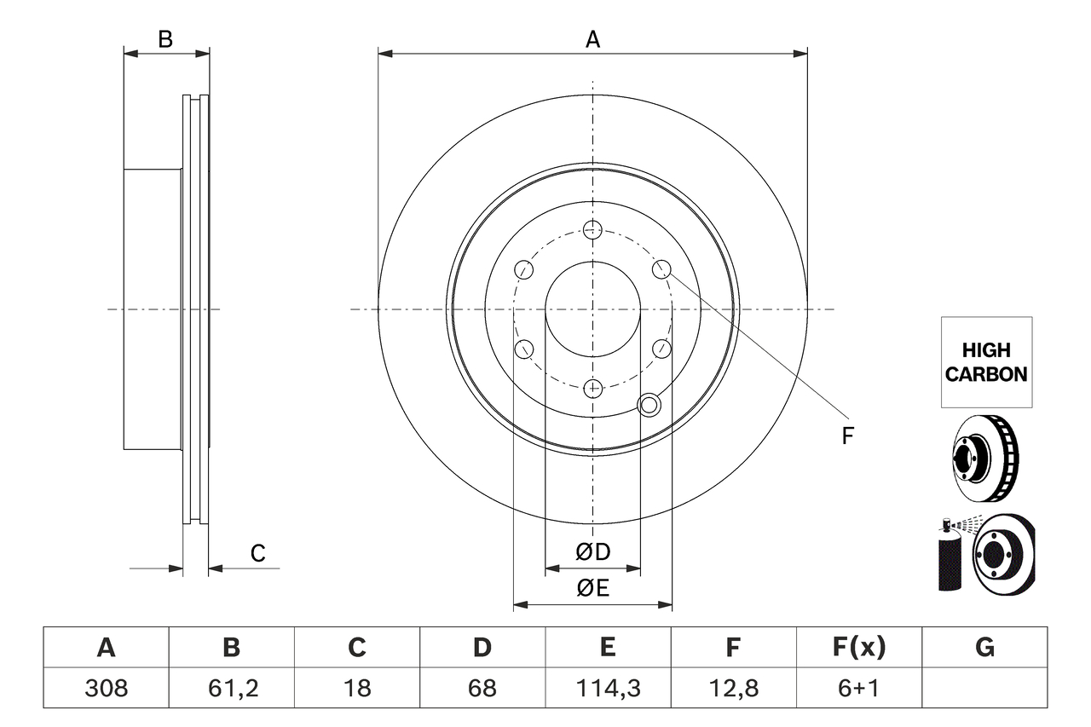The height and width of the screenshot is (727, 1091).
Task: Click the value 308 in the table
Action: click(106, 688)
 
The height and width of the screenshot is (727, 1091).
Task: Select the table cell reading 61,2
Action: click(231, 688)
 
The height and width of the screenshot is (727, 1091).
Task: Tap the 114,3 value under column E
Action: click(607, 688)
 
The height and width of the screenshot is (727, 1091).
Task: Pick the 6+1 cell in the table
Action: click(858, 688)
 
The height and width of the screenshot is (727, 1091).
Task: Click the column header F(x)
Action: click(858, 648)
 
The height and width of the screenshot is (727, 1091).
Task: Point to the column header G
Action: click(984, 648)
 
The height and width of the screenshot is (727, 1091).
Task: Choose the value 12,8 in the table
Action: click(732, 688)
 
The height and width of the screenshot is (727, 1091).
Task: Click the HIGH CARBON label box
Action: click(986, 362)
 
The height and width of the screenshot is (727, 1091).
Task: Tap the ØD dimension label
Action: click(593, 552)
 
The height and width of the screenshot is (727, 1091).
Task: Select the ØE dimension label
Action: click(593, 588)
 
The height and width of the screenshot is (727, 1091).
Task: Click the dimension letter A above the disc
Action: click(592, 39)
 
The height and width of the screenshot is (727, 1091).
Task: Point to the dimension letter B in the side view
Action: click(166, 39)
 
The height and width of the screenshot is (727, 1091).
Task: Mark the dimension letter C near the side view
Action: click(257, 554)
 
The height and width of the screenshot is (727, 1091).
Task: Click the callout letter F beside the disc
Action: click(847, 436)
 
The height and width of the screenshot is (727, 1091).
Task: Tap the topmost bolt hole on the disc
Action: click(593, 228)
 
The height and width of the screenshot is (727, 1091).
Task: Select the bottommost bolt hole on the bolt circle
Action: click(593, 389)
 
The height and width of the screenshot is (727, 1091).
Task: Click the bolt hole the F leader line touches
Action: click(662, 269)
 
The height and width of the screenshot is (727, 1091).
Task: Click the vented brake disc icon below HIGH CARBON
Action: click(985, 459)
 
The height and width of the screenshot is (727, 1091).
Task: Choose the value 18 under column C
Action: click(356, 688)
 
